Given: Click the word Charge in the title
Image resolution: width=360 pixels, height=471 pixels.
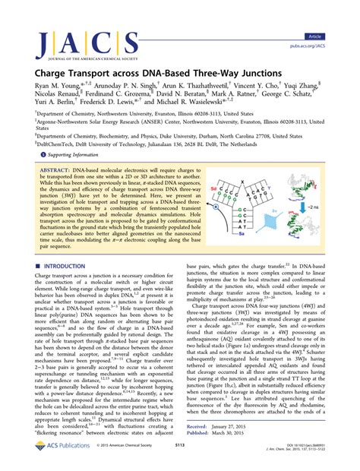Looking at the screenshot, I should pos(42,67).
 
